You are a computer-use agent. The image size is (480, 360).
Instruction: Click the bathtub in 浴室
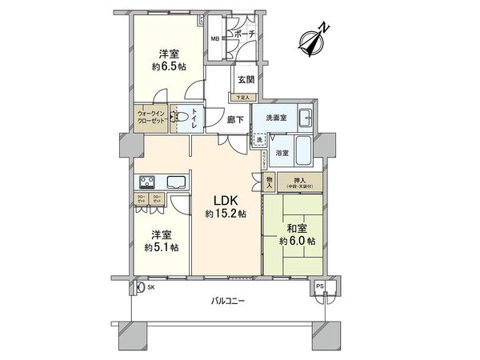pyautogui.click(x=304, y=149)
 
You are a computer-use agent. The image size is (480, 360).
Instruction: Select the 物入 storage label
pyautogui.click(x=270, y=182)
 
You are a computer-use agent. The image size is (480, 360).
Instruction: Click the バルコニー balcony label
pyautogui.click(x=228, y=301)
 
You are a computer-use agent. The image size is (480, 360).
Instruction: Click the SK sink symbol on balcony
pyautogui.click(x=141, y=286)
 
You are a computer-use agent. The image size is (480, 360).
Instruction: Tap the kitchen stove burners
pyautogui.click(x=148, y=180)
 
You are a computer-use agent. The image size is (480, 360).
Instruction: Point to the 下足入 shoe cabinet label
pyautogui.click(x=241, y=98)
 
